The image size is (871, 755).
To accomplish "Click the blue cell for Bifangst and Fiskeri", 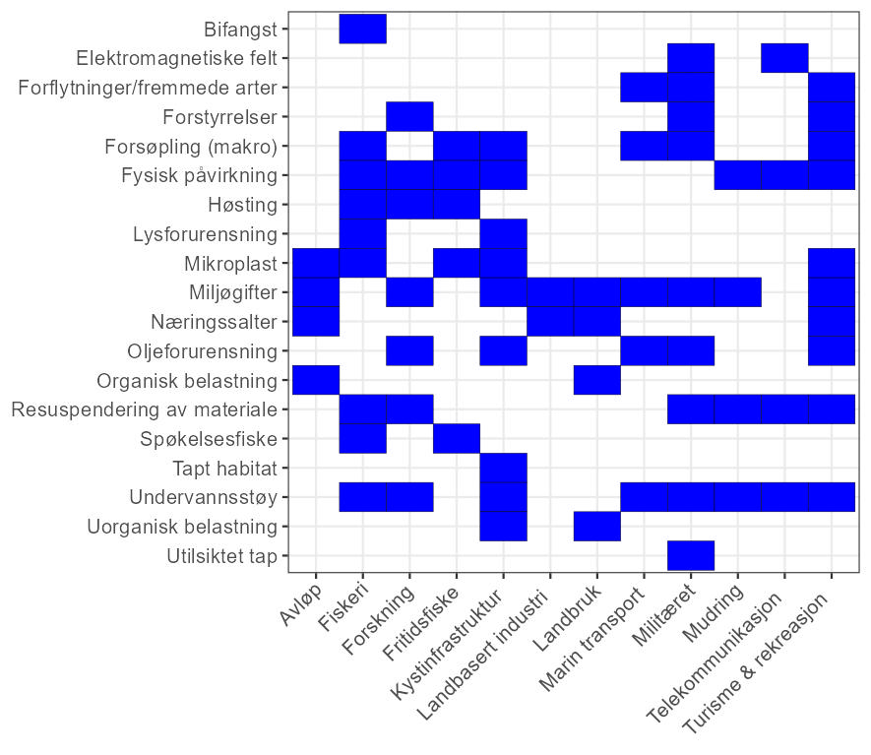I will [x=362, y=29].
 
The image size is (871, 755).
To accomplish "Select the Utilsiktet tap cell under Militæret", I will [x=691, y=555].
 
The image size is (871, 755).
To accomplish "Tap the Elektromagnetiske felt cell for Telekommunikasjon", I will [x=784, y=58].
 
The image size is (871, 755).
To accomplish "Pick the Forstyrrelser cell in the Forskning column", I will [x=409, y=116].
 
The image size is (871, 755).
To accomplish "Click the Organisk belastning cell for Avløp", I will [x=316, y=380].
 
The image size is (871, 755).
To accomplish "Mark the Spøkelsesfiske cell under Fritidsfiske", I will [x=457, y=438].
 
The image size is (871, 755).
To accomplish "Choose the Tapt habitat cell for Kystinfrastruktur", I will [x=503, y=468].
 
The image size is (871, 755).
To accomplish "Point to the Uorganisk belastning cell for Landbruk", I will [x=596, y=526].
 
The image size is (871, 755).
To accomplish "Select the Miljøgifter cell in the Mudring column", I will [x=737, y=292].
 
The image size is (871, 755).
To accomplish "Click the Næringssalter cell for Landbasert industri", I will [x=550, y=321].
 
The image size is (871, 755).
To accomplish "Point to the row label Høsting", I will [x=243, y=205].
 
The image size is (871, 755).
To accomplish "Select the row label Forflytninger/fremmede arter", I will [x=148, y=88].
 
